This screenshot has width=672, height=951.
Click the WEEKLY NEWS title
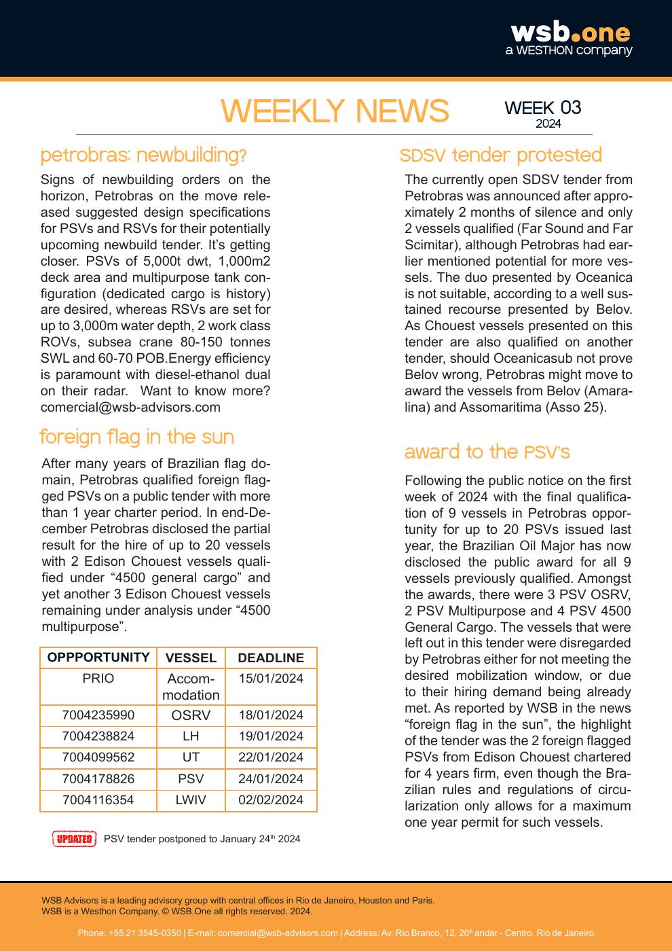(335, 111)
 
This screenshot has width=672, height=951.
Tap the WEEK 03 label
(543, 108)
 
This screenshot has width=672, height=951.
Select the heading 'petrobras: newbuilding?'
(143, 156)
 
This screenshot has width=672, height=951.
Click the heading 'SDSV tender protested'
(500, 156)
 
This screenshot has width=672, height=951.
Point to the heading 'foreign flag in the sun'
(136, 437)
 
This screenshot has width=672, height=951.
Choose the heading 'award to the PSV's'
(487, 452)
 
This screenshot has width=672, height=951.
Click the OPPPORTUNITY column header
(98, 658)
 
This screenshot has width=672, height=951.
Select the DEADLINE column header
(271, 658)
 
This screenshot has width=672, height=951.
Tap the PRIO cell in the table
(98, 679)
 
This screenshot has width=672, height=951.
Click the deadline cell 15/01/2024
(271, 679)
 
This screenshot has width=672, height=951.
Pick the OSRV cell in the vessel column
(191, 715)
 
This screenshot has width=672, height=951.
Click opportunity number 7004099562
(98, 757)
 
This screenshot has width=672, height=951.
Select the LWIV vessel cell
(191, 800)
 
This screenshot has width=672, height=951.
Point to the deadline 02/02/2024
(271, 800)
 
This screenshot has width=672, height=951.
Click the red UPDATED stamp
(74, 839)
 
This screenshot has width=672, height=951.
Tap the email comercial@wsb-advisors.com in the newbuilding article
(130, 407)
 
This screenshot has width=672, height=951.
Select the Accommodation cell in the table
(191, 687)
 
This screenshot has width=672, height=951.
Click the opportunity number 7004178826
(98, 779)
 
